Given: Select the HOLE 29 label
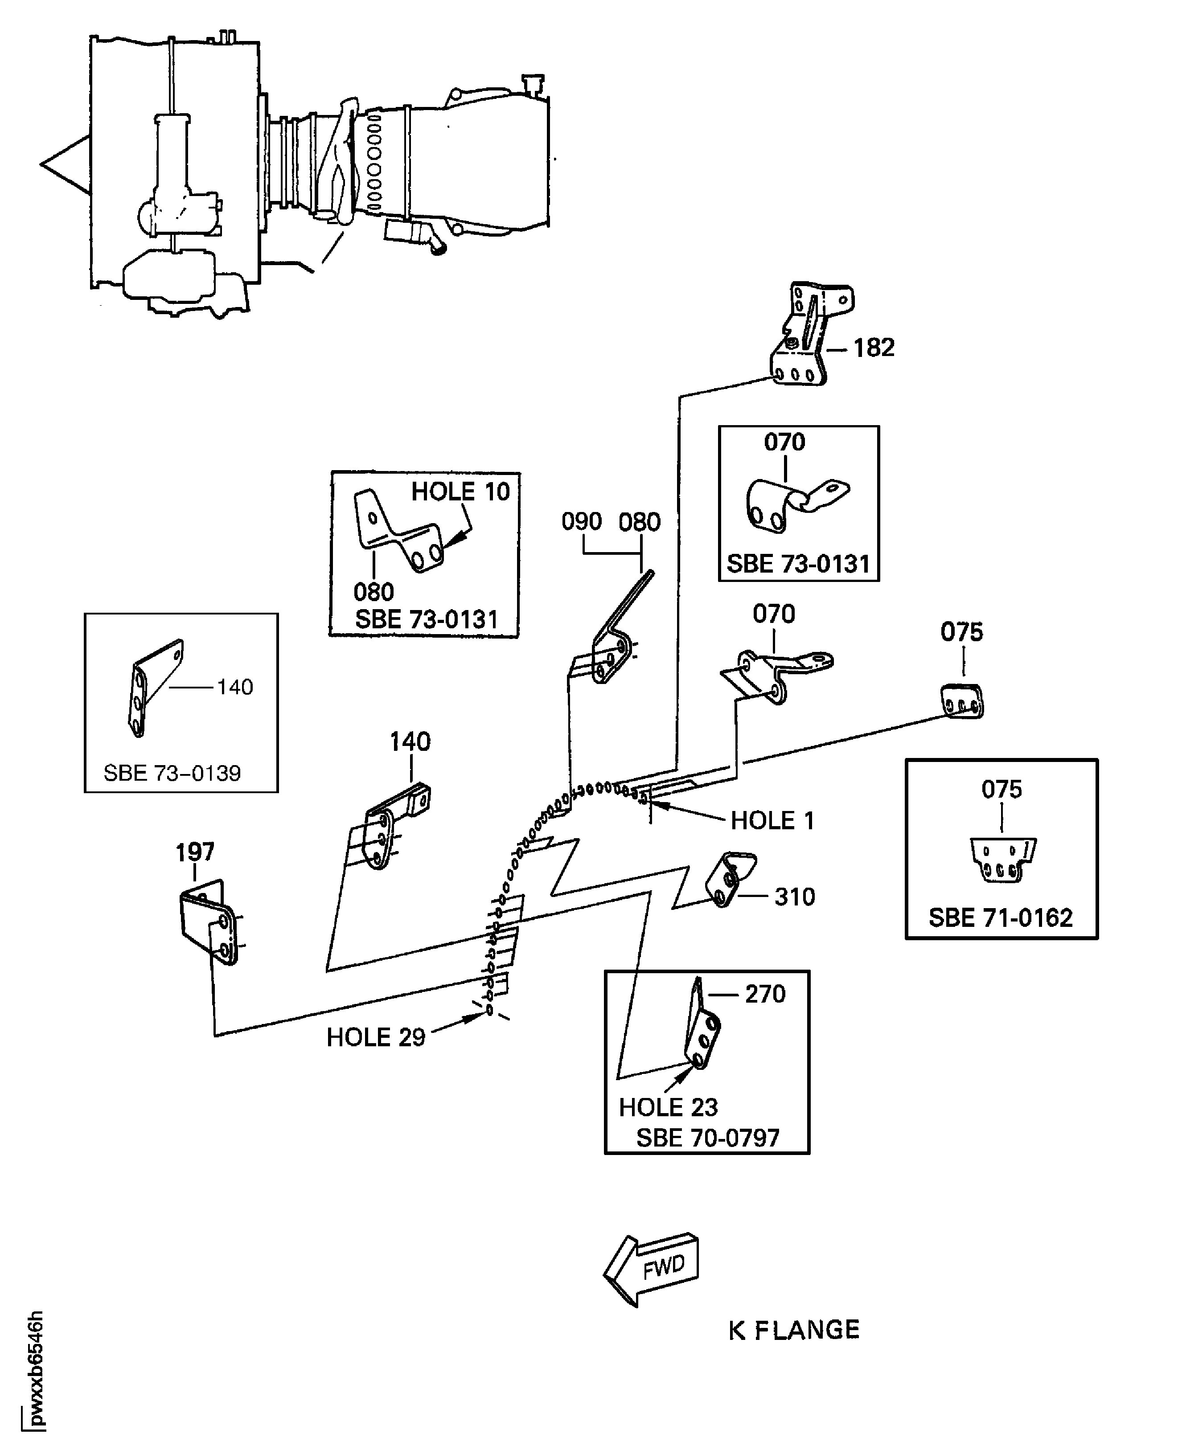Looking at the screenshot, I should tap(375, 1037).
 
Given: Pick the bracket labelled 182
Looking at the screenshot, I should tap(808, 336).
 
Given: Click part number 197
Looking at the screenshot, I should tap(195, 852).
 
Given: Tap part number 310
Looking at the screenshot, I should tap(795, 897).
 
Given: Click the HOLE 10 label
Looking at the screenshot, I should tap(460, 491).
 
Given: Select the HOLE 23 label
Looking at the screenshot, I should tap(668, 1107).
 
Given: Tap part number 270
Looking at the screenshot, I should tap(765, 994).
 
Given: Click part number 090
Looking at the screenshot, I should tap(582, 522).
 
